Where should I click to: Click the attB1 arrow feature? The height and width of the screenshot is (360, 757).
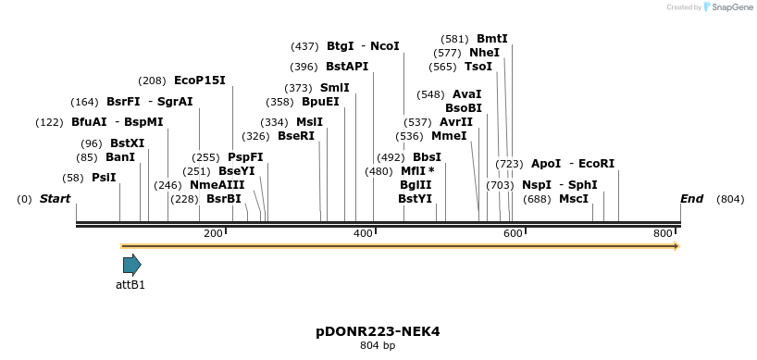tap(131, 265)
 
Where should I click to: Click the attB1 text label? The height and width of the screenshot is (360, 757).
tap(130, 285)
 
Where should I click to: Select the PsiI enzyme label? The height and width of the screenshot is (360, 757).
tap(104, 178)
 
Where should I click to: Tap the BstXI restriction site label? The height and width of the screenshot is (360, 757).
tap(127, 143)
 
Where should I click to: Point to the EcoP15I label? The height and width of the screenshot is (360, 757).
tap(199, 81)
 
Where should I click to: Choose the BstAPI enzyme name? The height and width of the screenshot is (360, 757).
tap(347, 67)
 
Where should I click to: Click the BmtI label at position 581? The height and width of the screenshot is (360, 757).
tap(491, 39)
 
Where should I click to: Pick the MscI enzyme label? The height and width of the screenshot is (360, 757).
tap(574, 199)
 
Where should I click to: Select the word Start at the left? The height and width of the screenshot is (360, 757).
tap(55, 199)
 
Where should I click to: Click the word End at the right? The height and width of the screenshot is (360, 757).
tap(691, 199)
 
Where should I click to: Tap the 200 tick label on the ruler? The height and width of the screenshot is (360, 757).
tap(213, 234)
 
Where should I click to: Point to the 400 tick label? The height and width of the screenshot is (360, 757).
tap(364, 234)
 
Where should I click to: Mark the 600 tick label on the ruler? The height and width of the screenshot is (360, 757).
tap(514, 234)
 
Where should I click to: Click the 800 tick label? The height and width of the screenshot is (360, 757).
tap(664, 234)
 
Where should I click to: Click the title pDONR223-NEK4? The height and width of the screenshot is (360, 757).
tap(378, 331)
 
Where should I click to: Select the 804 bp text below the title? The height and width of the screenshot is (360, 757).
tap(378, 346)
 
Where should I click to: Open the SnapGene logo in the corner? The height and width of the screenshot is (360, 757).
tap(726, 7)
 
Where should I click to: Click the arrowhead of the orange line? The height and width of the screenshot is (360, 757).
tap(676, 246)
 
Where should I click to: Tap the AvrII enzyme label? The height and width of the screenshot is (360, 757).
tap(455, 122)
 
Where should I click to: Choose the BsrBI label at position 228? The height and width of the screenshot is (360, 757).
tap(223, 199)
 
